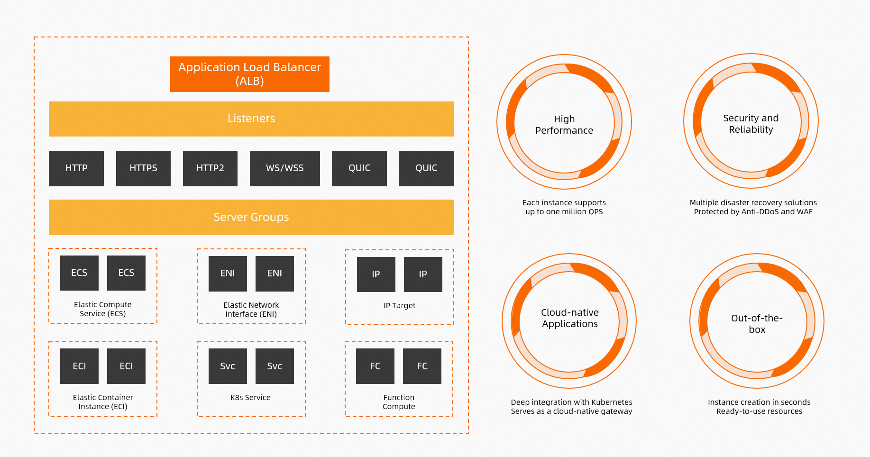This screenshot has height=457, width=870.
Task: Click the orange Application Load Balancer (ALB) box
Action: point(250,74)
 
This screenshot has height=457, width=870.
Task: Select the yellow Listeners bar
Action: point(251,119)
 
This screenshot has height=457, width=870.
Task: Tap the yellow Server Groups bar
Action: point(251,217)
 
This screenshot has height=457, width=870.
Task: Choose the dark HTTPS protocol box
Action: point(143,168)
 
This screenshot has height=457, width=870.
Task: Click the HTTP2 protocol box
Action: point(210,168)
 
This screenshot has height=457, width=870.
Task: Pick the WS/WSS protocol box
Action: point(284,168)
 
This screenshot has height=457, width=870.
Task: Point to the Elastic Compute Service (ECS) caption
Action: point(102,309)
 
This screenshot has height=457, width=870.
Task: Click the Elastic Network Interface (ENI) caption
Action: point(251,310)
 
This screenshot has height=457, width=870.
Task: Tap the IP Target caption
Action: point(399,306)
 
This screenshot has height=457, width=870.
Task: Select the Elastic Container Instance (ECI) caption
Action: point(103,402)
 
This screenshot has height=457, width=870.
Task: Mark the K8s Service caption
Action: point(250,398)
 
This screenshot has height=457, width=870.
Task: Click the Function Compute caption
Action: point(399,402)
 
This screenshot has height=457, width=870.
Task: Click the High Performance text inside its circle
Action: point(564,125)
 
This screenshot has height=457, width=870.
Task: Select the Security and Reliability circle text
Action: point(751,124)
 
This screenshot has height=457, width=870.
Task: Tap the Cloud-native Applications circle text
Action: point(570,318)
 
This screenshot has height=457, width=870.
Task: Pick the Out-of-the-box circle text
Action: point(757,324)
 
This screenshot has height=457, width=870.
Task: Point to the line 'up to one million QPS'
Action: point(564,212)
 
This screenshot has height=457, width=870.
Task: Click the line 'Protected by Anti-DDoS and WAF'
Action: point(753,212)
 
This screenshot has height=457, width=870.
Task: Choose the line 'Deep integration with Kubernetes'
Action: point(571,402)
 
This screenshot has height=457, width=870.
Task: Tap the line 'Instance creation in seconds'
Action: point(759,402)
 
